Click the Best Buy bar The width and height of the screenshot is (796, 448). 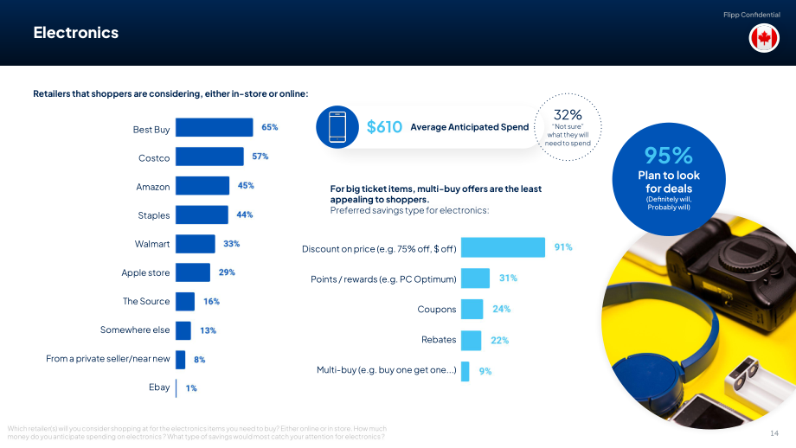click(x=215, y=127)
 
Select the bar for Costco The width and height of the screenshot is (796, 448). click(x=209, y=157)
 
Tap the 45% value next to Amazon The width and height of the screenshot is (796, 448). click(x=246, y=186)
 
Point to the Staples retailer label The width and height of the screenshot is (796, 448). click(x=154, y=215)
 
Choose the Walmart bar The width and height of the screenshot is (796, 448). click(x=196, y=244)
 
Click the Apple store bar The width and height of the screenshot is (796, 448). click(x=193, y=272)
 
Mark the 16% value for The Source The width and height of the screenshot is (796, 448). click(x=212, y=301)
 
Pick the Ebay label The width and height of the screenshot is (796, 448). click(x=159, y=387)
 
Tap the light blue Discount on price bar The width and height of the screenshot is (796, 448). click(x=503, y=247)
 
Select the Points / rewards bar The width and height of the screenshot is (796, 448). click(x=475, y=278)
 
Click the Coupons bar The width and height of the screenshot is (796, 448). click(x=472, y=309)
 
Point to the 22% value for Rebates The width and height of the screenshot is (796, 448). click(x=499, y=341)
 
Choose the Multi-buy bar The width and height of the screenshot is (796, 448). click(x=465, y=371)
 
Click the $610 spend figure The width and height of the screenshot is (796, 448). click(x=384, y=127)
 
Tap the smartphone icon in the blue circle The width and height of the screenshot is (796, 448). click(x=337, y=127)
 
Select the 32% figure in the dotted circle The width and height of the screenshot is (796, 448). click(x=568, y=115)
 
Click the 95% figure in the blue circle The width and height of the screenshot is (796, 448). click(x=669, y=156)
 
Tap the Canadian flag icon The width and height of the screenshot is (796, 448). click(x=764, y=38)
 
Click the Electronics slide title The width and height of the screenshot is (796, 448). click(x=76, y=33)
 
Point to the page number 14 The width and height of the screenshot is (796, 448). click(x=774, y=432)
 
